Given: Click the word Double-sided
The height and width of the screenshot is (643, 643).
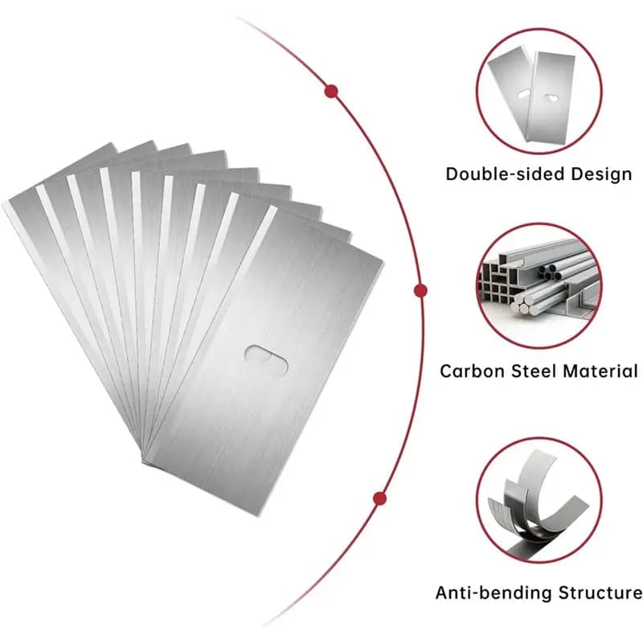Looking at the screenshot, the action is coord(506,174).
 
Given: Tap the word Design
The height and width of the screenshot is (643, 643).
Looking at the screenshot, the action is coord(601,174).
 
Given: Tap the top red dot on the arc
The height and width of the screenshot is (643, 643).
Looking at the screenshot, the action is coord(331,91).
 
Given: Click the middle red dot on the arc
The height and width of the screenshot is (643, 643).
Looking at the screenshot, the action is coord(420,291).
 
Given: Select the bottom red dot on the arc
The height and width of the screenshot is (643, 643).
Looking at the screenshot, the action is coord(379,498).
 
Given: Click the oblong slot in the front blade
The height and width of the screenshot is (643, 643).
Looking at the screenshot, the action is coord(267,359).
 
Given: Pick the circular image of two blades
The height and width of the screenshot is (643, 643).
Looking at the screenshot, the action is coord(539,91).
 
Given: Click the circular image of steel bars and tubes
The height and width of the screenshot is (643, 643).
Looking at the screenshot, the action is coord(539,286).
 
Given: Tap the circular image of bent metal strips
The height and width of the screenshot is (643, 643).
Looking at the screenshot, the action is coord(539,500).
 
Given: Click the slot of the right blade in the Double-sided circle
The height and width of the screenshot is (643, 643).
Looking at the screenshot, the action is coord(551,98).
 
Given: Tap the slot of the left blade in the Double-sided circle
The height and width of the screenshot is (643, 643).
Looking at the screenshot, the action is coord(523,95).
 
